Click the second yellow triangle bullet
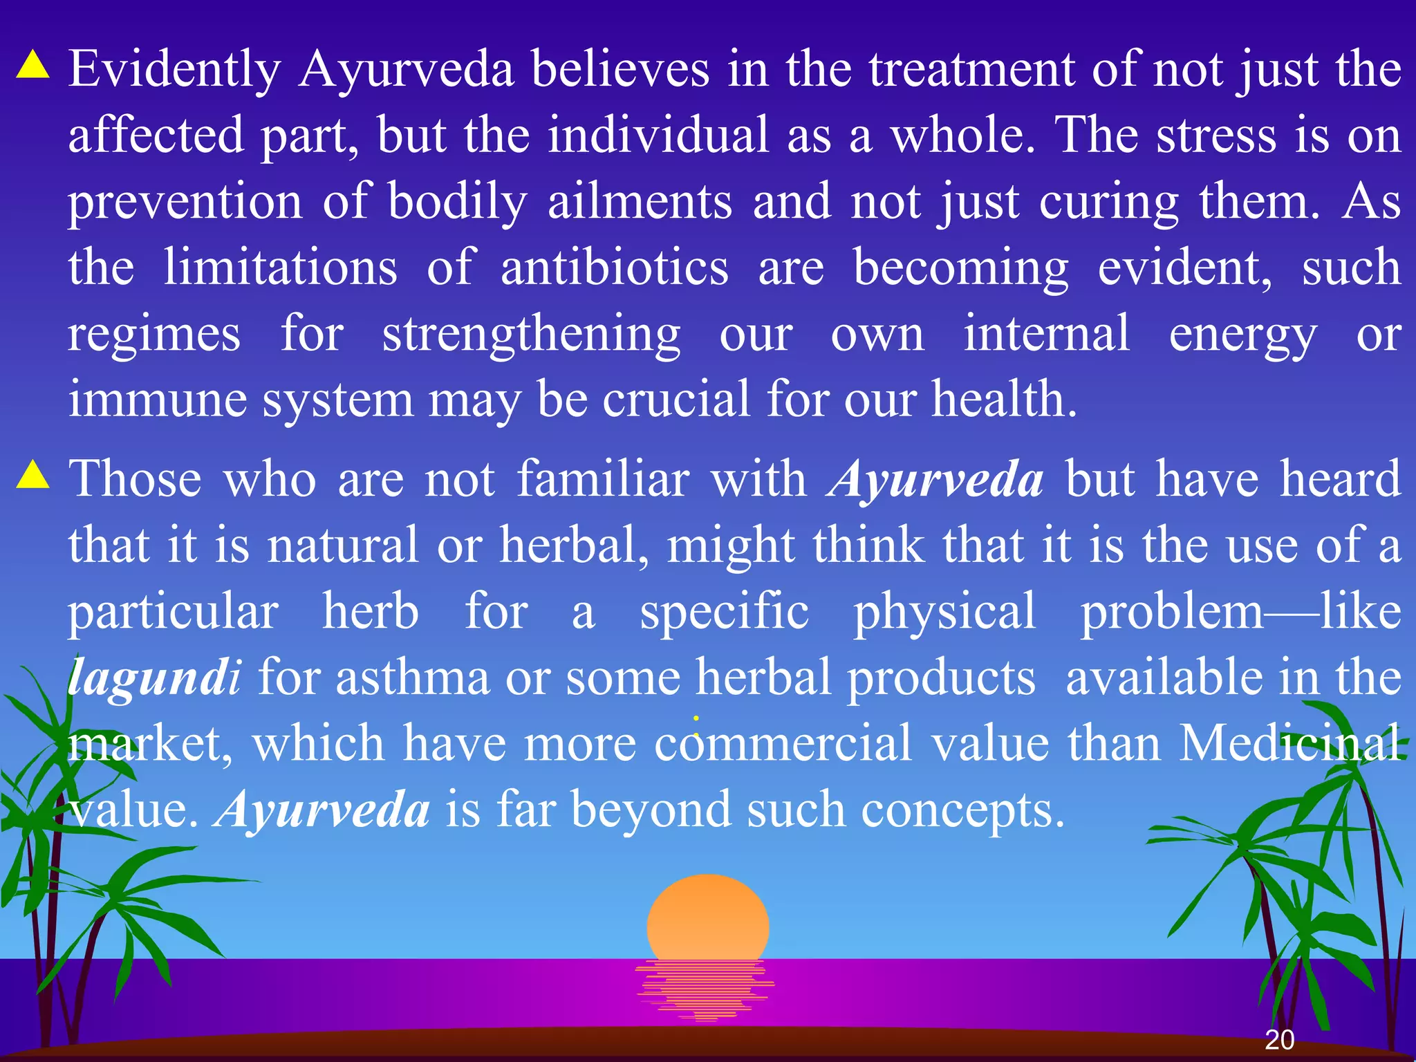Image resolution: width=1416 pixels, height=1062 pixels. pos(33,475)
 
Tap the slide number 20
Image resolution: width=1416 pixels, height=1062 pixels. pos(1279,1040)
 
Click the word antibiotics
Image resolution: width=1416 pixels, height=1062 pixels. pos(615,268)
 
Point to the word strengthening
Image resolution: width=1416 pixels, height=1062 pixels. pos(531,335)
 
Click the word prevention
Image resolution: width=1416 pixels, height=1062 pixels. pos(185,202)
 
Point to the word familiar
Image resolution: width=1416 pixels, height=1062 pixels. pos(603,478)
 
